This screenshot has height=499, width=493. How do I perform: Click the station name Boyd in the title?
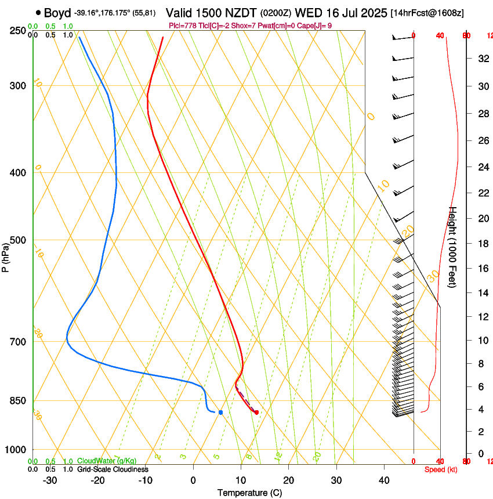click(57, 13)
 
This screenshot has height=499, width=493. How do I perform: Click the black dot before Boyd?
click(38, 12)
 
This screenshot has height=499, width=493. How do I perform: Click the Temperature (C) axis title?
click(249, 493)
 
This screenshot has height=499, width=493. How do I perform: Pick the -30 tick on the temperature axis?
click(50, 480)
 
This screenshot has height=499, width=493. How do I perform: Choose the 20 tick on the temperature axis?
click(288, 480)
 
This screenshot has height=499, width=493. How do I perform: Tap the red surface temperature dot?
click(256, 413)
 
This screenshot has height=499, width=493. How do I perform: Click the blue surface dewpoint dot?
click(220, 412)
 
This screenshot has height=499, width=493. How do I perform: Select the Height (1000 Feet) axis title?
click(453, 247)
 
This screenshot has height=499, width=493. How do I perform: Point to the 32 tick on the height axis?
click(482, 59)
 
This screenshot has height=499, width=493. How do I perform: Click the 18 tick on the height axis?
click(482, 243)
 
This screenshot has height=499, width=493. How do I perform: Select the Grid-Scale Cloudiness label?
click(113, 469)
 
